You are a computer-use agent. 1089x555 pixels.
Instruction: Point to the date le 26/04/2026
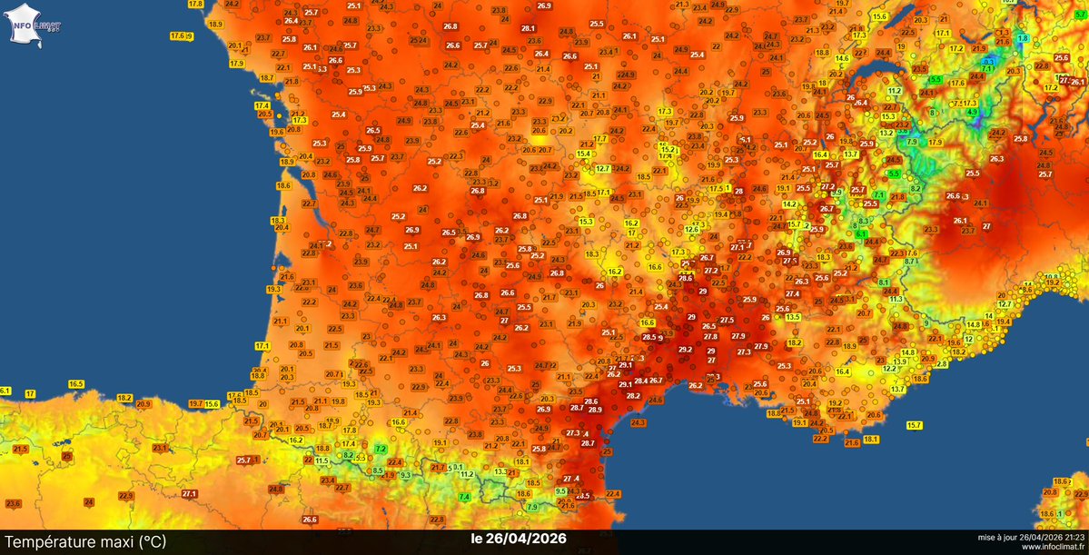pyautogui.click(x=519, y=539)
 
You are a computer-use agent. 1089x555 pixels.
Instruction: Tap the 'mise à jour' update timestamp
pyautogui.click(x=1031, y=537)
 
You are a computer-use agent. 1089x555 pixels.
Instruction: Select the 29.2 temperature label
pyautogui.click(x=685, y=350)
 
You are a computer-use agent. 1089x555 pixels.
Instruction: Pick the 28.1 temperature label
pyautogui.click(x=529, y=29)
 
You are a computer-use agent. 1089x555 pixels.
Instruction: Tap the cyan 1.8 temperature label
pyautogui.click(x=1023, y=38)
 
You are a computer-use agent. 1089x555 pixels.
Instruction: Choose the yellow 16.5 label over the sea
pyautogui.click(x=75, y=384)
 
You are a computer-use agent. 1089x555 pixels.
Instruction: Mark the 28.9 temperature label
pyautogui.click(x=596, y=410)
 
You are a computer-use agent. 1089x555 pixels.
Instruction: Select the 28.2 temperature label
pyautogui.click(x=633, y=396)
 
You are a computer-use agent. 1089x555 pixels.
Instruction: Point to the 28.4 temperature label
pyautogui.click(x=641, y=381)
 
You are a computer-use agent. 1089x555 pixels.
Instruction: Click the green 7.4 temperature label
pyautogui.click(x=464, y=496)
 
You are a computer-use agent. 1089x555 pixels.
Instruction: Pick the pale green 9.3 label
pyautogui.click(x=406, y=475)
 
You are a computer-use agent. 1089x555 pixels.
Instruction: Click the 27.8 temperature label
pyautogui.click(x=711, y=337)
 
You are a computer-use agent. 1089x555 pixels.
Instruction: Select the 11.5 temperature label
pyautogui.click(x=322, y=461)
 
